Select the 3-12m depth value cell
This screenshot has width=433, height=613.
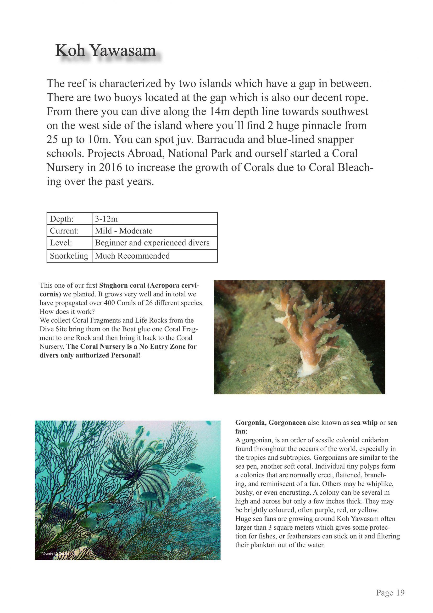click(x=106, y=219)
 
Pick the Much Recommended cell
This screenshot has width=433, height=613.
click(x=132, y=256)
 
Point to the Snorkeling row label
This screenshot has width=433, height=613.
click(x=69, y=256)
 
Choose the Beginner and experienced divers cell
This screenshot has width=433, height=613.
click(x=152, y=243)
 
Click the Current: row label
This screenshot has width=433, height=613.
click(x=64, y=231)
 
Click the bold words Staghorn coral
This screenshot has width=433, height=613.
click(x=122, y=285)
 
